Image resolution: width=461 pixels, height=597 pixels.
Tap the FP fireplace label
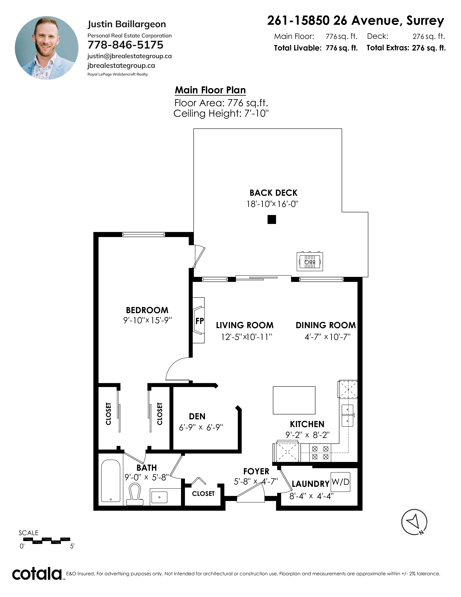tap(200, 321)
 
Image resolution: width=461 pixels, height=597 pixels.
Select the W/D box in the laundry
tap(340, 482)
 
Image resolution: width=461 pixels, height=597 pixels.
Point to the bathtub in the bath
tap(111, 481)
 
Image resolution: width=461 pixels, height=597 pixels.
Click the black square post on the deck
tap(272, 219)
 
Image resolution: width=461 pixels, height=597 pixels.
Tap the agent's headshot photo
tap(47, 48)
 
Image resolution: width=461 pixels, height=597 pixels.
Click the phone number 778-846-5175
tap(125, 45)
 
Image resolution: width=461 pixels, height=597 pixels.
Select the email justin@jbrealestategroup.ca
tap(129, 56)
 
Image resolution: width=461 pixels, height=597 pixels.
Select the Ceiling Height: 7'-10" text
tap(221, 113)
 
